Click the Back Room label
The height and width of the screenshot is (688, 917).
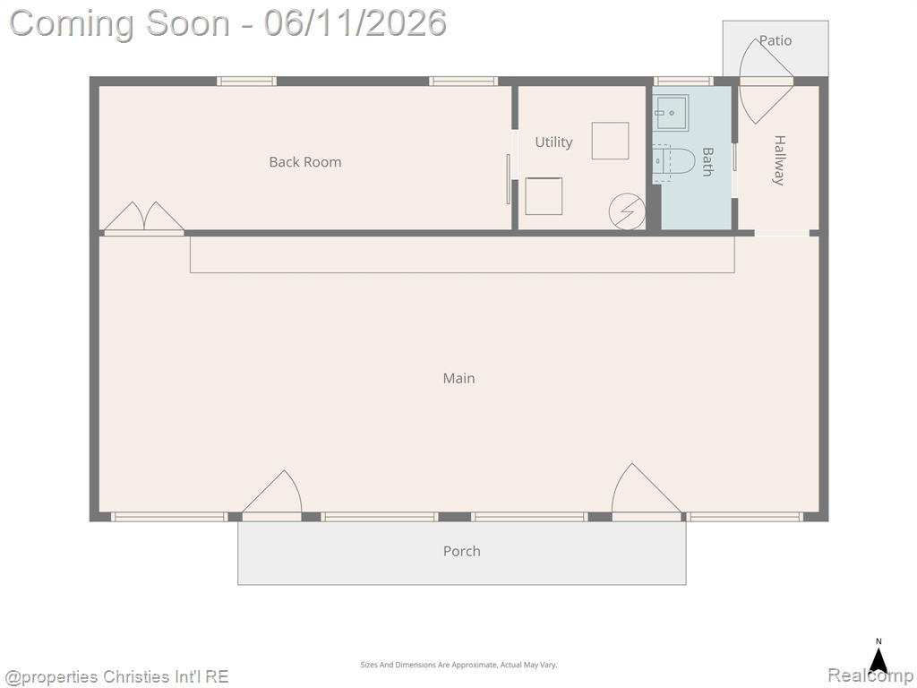[304, 162]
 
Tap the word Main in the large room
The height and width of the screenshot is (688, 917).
[458, 378]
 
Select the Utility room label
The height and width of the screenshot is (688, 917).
[553, 142]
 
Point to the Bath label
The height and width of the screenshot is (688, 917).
[707, 161]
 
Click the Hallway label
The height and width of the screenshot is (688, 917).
[779, 159]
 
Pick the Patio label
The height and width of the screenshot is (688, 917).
[776, 40]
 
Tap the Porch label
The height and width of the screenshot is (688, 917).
[461, 551]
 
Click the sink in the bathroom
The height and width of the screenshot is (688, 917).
[671, 113]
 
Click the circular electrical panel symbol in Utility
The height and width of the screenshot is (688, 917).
[627, 211]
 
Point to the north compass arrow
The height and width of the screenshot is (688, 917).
[878, 658]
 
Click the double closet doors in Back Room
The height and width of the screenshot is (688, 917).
[144, 218]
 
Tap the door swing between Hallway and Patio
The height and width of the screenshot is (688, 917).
[767, 81]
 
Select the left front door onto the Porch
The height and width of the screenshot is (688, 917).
[272, 494]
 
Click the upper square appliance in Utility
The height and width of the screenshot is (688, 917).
[610, 141]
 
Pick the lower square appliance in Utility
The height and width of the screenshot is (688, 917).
[544, 196]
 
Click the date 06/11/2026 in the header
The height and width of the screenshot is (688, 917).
[356, 23]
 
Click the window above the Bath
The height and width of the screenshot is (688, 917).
[683, 82]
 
